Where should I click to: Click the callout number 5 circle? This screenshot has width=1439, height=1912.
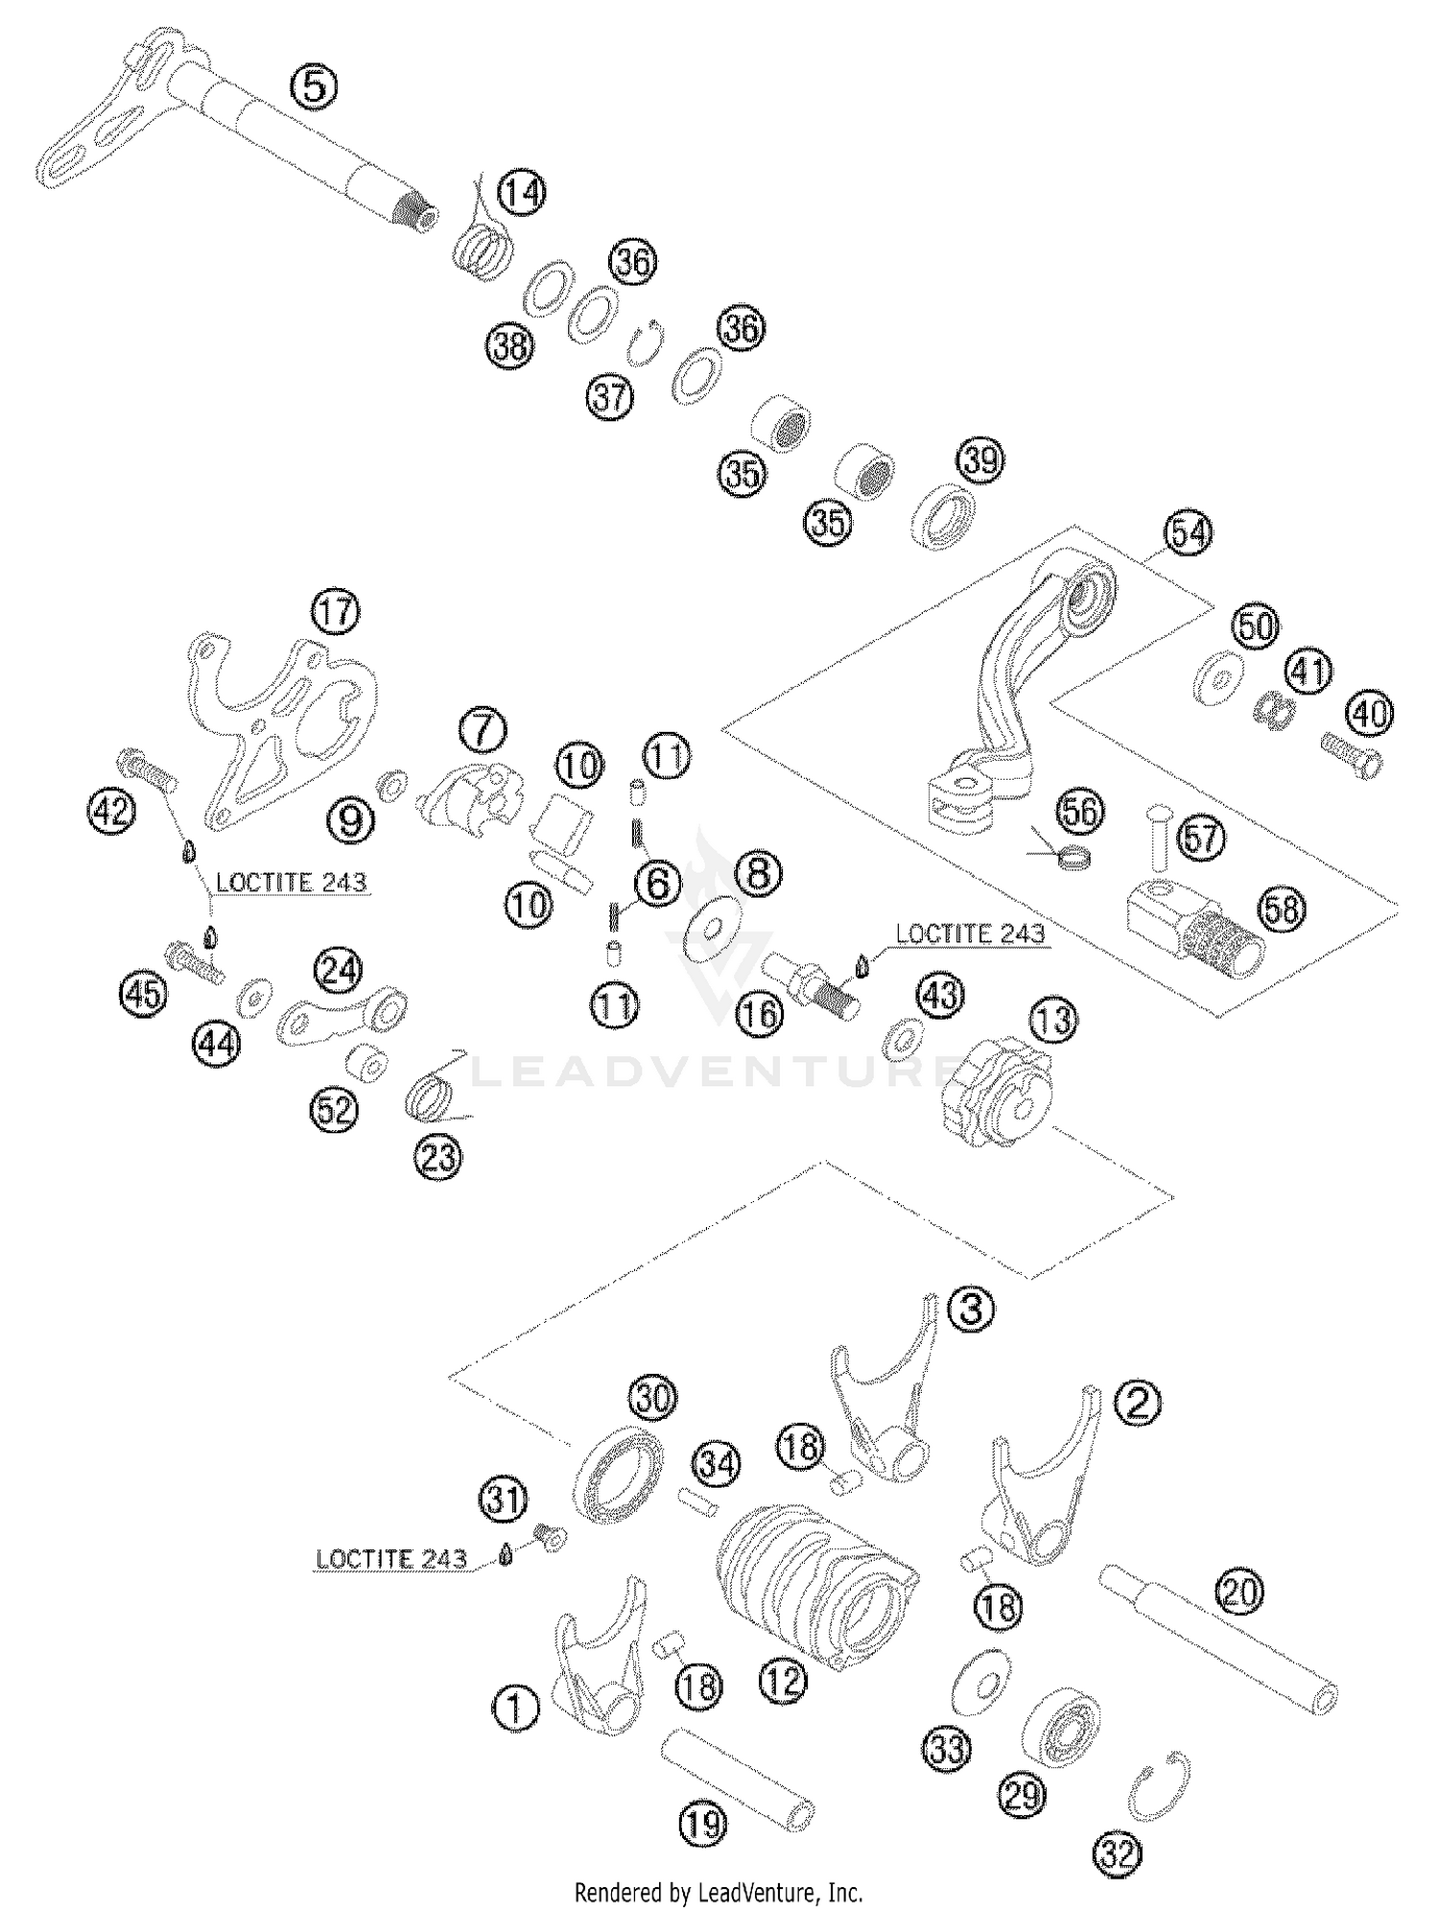[x=314, y=86]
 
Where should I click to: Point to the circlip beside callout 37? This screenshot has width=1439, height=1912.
[x=644, y=343]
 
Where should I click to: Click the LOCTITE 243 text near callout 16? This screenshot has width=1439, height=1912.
[x=969, y=933]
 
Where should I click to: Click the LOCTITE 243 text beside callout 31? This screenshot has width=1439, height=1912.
[x=390, y=1559]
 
